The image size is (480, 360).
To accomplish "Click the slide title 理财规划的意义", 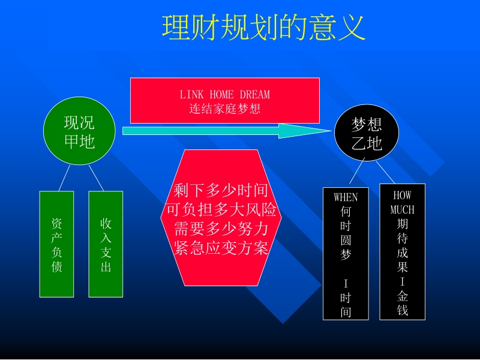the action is (263, 28).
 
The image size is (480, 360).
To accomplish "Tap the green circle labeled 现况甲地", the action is (79, 131).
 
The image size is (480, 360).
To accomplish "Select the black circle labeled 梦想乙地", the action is (367, 133).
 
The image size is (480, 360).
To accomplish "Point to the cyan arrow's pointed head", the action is (331, 131).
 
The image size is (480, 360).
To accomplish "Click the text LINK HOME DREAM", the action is (225, 95).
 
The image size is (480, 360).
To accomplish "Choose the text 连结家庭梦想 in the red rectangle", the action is (225, 109).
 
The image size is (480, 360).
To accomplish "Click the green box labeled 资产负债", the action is (56, 244).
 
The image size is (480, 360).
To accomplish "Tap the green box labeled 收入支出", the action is (106, 244).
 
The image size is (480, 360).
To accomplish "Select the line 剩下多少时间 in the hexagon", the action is (221, 190).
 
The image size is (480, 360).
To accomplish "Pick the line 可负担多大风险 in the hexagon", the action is (221, 209).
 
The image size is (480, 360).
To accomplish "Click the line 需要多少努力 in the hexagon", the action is (221, 229).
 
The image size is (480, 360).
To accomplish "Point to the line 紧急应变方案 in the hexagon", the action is (221, 248).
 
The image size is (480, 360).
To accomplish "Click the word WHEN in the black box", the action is (346, 197).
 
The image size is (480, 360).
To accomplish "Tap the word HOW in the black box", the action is (402, 195).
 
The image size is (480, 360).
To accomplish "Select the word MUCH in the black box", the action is (402, 209).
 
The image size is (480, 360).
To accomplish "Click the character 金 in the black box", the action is (403, 296).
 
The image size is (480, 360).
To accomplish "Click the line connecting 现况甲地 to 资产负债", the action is (64, 178).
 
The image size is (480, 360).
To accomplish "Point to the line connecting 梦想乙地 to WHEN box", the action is (357, 170).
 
